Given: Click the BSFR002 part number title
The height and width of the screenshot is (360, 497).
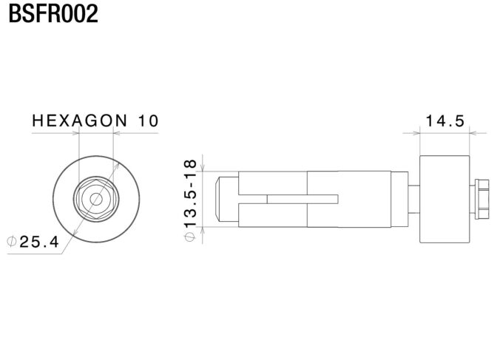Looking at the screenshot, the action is [53, 13].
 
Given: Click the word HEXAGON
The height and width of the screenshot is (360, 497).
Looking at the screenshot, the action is [80, 120].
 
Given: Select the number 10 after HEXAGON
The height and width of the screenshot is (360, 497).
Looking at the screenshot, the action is [148, 120].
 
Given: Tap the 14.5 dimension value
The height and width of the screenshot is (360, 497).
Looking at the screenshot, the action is [444, 120].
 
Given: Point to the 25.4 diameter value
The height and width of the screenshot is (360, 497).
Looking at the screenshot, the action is [39, 242].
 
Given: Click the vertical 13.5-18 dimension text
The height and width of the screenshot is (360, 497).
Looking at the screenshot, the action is [190, 194].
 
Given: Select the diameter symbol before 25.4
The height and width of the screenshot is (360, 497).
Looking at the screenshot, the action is [12, 242].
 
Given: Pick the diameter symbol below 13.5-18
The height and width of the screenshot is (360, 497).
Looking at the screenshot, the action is [190, 237].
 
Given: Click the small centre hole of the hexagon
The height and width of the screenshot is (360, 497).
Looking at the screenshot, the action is [96, 199].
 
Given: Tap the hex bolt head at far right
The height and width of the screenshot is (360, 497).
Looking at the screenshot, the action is [481, 199].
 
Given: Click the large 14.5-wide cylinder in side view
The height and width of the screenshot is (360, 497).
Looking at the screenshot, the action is [444, 200].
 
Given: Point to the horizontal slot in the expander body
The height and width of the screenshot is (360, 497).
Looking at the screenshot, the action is [302, 199].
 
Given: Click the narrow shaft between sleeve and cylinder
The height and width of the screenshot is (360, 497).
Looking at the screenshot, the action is [414, 199].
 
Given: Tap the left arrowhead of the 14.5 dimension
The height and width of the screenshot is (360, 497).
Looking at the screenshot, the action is [415, 133].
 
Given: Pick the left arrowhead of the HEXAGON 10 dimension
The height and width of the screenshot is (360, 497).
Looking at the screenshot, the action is [75, 133].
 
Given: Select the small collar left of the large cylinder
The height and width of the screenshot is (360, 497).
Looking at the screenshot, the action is [399, 199].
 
